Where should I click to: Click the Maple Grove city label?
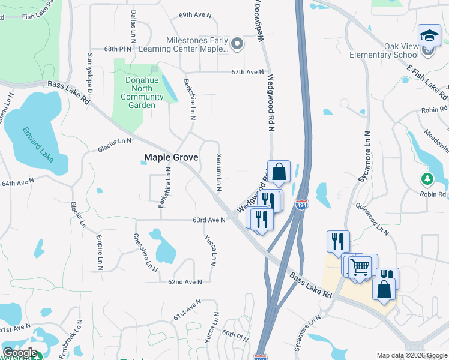point(171,158)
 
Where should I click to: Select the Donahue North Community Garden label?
point(142,92)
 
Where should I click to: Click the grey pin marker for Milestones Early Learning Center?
point(237,43)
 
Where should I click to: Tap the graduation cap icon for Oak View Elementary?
point(429,36)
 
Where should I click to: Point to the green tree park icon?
point(427,179)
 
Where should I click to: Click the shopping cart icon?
point(359,266)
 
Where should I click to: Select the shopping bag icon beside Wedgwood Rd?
point(279,172)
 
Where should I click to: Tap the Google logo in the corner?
point(20,352)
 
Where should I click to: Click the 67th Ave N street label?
point(248,72)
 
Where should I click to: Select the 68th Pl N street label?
point(117,49)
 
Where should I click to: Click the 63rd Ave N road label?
point(208,220)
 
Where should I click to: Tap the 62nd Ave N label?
point(184,281)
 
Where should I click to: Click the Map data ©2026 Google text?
point(411,355)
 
